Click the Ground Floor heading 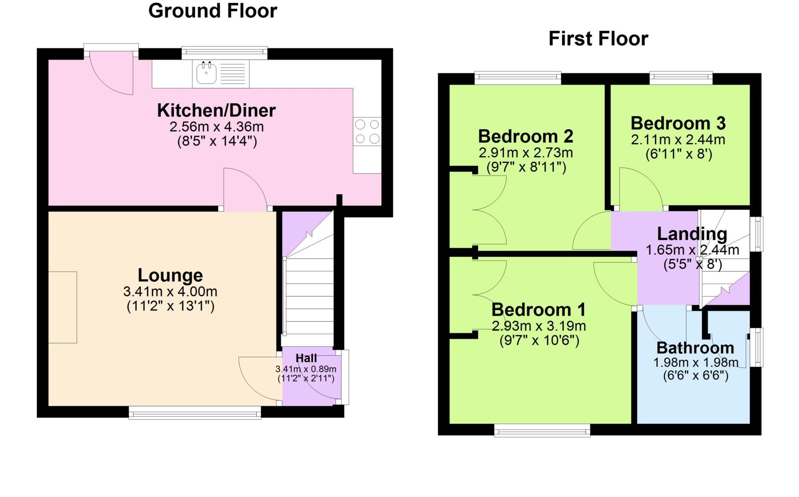(x=213, y=11)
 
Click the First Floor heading (x=598, y=39)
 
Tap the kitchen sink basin (x=206, y=73)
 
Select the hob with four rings (x=367, y=132)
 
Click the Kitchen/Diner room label (x=216, y=111)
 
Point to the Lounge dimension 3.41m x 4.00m (x=170, y=291)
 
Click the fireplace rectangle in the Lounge (x=62, y=307)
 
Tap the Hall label (x=306, y=358)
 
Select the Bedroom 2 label (x=526, y=136)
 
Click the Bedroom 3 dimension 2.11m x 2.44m (x=678, y=139)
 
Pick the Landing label (x=692, y=234)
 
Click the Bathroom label (x=695, y=348)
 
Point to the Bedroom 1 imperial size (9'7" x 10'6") (x=539, y=341)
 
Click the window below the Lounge (x=195, y=413)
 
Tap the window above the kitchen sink (x=224, y=53)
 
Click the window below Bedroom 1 (x=542, y=431)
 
